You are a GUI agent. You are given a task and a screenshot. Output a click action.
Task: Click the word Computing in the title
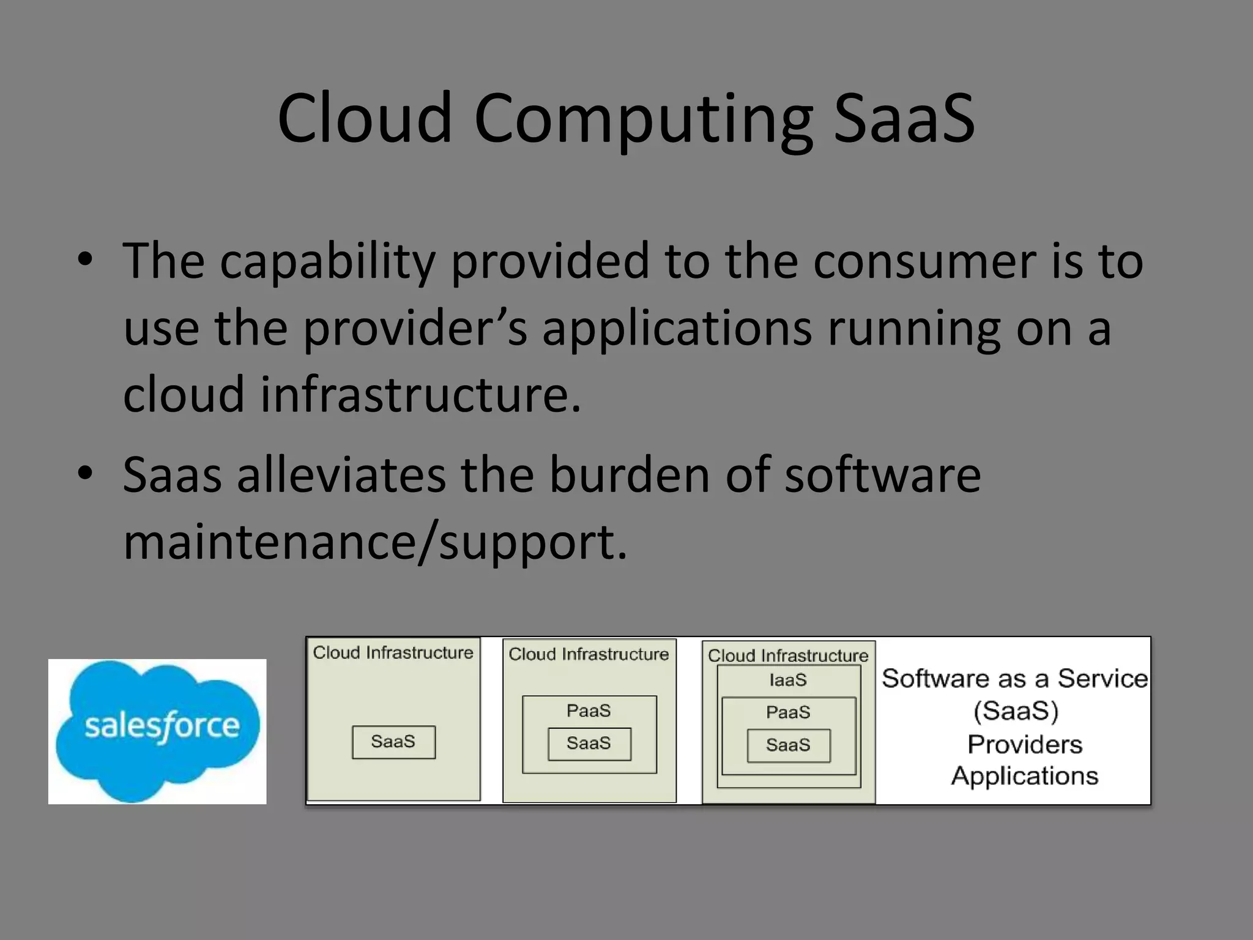tap(643, 119)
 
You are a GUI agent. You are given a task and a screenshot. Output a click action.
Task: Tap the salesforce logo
tap(157, 731)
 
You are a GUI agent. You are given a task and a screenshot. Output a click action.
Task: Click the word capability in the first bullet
tap(327, 262)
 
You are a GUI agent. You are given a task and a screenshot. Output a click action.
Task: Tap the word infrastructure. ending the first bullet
tap(420, 395)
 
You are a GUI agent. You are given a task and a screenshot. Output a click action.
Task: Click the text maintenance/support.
tap(375, 542)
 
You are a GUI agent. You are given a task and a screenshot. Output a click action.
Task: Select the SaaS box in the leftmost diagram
tap(393, 742)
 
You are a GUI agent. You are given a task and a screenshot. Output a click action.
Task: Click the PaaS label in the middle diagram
tap(589, 711)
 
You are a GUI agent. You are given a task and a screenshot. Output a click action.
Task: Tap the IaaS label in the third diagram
tap(788, 680)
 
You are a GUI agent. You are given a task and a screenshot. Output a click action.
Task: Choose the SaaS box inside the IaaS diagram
tap(788, 745)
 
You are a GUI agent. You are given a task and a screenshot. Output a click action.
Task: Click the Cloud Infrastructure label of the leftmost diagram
tap(393, 652)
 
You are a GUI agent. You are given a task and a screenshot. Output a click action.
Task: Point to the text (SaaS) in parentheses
tap(1016, 711)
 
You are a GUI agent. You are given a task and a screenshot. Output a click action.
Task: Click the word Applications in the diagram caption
tap(1025, 776)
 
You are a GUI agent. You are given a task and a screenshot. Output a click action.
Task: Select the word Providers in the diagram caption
tap(1025, 744)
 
